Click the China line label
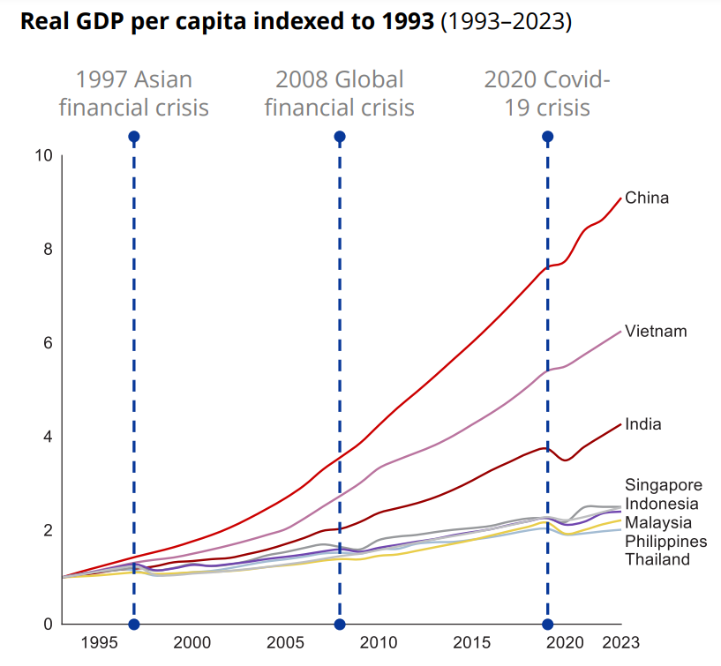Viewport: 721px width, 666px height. (647, 198)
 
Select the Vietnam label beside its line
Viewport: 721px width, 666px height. (655, 332)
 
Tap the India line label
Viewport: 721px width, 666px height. (642, 424)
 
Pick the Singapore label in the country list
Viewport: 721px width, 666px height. (664, 485)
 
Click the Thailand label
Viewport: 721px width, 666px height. (657, 559)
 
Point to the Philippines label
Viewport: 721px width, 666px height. (666, 541)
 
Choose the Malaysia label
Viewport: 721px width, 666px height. (658, 522)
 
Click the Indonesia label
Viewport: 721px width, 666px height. (662, 504)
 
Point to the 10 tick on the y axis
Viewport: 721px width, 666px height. (44, 156)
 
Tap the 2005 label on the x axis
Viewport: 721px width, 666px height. (285, 642)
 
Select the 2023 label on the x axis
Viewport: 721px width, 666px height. (621, 642)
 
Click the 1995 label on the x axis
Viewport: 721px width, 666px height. (98, 642)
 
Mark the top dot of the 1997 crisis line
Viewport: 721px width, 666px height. (133, 137)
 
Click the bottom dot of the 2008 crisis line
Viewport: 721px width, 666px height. (340, 625)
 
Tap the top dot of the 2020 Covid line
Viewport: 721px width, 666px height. (547, 137)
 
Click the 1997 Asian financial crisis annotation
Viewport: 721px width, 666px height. (133, 94)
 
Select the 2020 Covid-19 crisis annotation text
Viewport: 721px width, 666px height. (547, 94)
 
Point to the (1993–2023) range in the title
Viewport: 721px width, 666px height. (506, 21)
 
